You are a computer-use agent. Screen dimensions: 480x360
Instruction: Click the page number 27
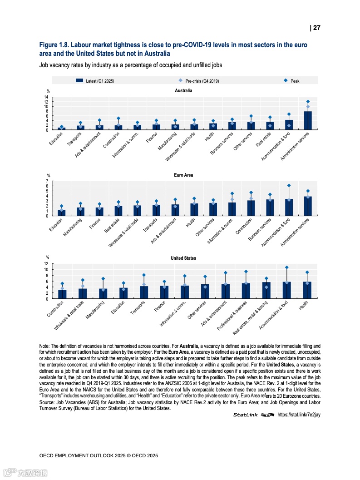click(x=316, y=28)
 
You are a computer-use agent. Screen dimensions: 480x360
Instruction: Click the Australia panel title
click(x=183, y=90)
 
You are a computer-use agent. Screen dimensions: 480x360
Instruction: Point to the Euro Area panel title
click(x=183, y=175)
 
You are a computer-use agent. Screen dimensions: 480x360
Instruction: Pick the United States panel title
click(x=183, y=258)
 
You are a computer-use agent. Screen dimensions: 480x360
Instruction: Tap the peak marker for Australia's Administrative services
click(x=308, y=102)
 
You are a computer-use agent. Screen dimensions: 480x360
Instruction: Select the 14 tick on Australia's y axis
click(x=46, y=97)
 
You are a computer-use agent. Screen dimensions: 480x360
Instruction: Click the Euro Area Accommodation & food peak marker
click(x=289, y=185)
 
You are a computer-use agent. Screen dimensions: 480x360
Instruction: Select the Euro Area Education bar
click(x=62, y=213)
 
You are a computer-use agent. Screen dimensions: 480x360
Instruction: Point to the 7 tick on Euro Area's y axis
click(x=47, y=181)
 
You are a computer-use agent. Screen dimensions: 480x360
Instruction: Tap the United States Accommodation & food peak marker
click(x=286, y=267)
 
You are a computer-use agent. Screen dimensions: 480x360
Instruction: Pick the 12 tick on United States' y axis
click(x=46, y=264)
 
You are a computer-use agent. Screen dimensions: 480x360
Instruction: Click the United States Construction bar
click(x=62, y=294)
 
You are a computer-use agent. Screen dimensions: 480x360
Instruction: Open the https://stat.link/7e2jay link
click(x=299, y=415)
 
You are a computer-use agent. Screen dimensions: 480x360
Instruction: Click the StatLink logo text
click(x=245, y=415)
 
